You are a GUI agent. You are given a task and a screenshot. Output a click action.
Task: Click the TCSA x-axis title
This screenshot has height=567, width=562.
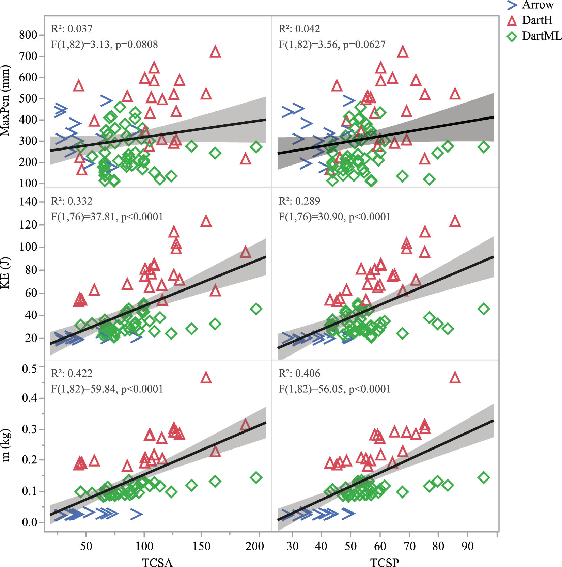pyautogui.click(x=157, y=562)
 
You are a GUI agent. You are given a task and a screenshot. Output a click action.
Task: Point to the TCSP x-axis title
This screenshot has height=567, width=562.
pyautogui.click(x=385, y=562)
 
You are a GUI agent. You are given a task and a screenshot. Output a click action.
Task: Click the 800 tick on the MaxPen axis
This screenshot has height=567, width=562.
pyautogui.click(x=28, y=35)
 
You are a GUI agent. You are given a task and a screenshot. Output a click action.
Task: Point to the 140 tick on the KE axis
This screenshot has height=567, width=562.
pyautogui.click(x=28, y=202)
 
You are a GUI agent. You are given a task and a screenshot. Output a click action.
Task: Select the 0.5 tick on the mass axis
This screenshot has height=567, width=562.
pyautogui.click(x=29, y=368)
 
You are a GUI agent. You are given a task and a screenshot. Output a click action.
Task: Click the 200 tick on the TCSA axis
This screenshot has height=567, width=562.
pyautogui.click(x=254, y=546)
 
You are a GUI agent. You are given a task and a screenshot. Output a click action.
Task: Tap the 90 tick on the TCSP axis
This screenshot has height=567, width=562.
pyautogui.click(x=467, y=546)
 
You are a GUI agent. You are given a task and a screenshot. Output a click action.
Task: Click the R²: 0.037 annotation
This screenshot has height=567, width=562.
pyautogui.click(x=72, y=29)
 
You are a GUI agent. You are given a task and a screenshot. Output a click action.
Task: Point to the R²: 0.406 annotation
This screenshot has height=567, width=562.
pyautogui.click(x=299, y=374)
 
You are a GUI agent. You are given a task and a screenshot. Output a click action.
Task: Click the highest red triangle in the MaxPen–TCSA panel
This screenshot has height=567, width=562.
pyautogui.click(x=215, y=52)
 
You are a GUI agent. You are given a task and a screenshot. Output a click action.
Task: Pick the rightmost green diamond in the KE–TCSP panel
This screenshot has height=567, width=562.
pyautogui.click(x=483, y=309)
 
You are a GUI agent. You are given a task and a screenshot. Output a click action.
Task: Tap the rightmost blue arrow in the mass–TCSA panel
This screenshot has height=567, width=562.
pyautogui.click(x=136, y=514)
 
